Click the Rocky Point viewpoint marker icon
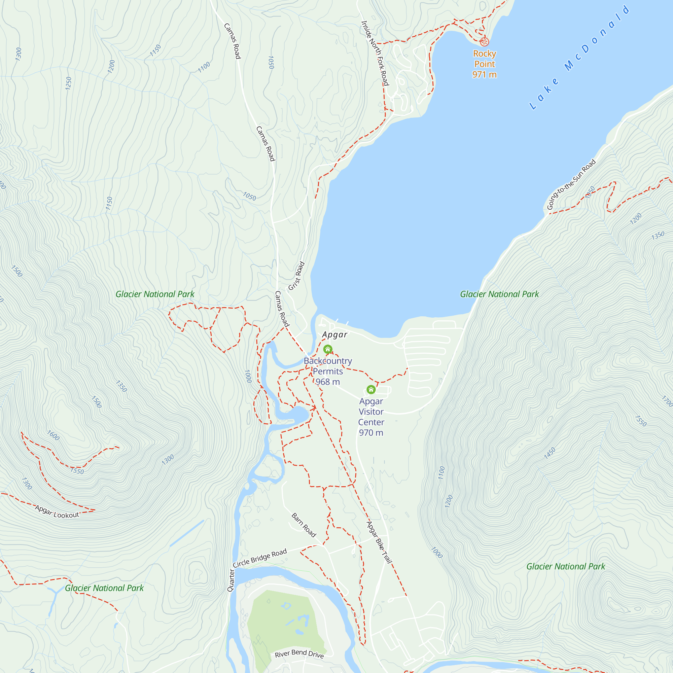pyautogui.click(x=484, y=42)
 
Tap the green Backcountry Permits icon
pyautogui.click(x=328, y=349)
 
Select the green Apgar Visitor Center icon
pyautogui.click(x=371, y=389)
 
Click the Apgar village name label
pyautogui.click(x=335, y=335)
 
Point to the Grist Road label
pyautogui.click(x=296, y=276)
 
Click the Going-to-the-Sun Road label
pyautogui.click(x=571, y=185)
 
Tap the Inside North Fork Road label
pyautogui.click(x=375, y=53)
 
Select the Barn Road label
pyautogui.click(x=304, y=525)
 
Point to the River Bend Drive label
pyautogui.click(x=299, y=654)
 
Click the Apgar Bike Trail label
pyautogui.click(x=379, y=542)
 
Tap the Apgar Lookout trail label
pyautogui.click(x=57, y=512)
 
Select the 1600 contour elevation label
pyautogui.click(x=53, y=435)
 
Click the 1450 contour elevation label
pyautogui.click(x=550, y=453)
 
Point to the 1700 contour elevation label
pyautogui.click(x=667, y=401)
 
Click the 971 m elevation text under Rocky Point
pyautogui.click(x=484, y=75)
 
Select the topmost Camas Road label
pyautogui.click(x=232, y=41)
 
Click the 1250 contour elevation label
pyautogui.click(x=69, y=83)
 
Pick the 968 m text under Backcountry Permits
pyautogui.click(x=327, y=382)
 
